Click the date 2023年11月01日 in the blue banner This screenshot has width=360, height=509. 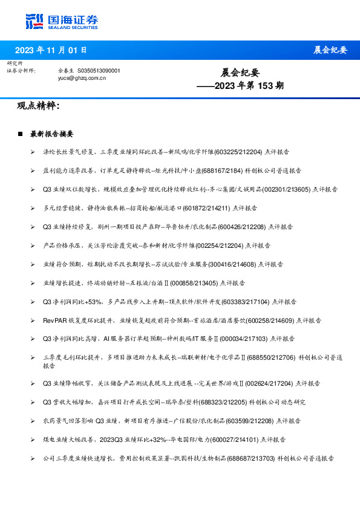[51, 50]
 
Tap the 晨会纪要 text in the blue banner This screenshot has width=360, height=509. [330, 50]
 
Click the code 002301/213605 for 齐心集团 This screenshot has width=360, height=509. [288, 189]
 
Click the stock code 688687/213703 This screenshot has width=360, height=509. [252, 458]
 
